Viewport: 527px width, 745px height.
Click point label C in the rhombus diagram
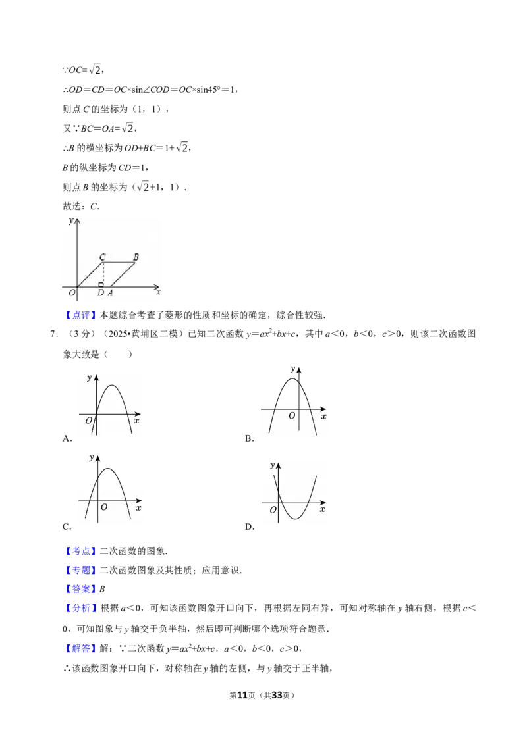(x=102, y=257)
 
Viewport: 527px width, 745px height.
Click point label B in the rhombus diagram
(x=136, y=257)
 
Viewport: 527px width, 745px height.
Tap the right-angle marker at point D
(x=101, y=284)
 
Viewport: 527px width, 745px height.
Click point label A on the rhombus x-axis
(x=110, y=293)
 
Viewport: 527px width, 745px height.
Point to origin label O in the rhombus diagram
(x=72, y=293)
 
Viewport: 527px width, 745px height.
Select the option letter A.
(x=67, y=438)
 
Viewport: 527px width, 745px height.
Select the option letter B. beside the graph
(x=249, y=438)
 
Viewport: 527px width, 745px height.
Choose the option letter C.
(x=67, y=527)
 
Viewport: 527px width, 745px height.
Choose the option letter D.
(x=250, y=527)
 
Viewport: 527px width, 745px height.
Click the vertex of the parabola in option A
(x=112, y=385)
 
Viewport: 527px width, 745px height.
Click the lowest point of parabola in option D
(x=295, y=519)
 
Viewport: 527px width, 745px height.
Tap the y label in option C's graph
(x=92, y=458)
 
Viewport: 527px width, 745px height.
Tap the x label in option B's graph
(x=324, y=417)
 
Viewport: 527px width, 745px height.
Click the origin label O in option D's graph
(x=273, y=510)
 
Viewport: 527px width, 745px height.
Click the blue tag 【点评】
(x=81, y=315)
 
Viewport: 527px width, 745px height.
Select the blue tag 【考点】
(x=81, y=551)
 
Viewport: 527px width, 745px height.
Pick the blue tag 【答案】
(x=81, y=588)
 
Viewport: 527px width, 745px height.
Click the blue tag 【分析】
(x=81, y=607)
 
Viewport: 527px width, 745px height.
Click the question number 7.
(x=54, y=334)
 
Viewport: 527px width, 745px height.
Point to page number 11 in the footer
(x=242, y=695)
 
